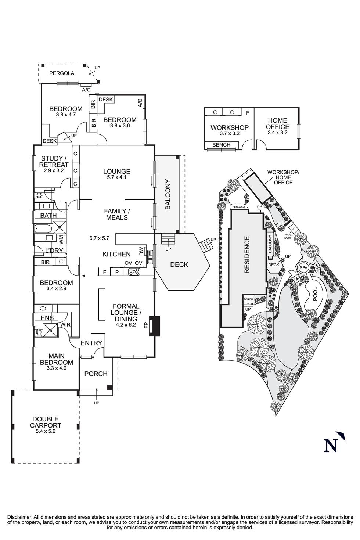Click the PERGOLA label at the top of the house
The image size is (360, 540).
(x=62, y=73)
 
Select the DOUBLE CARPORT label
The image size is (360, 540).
(x=46, y=422)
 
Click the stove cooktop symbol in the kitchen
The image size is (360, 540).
(x=134, y=272)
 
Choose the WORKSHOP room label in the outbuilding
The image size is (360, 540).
(x=229, y=127)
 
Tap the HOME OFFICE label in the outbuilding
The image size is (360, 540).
(x=277, y=123)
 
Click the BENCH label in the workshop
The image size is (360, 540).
(x=221, y=145)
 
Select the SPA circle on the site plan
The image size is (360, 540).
(x=303, y=268)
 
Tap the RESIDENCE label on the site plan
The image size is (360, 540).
(x=246, y=255)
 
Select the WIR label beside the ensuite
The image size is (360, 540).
(x=65, y=325)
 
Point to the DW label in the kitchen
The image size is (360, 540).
(x=142, y=251)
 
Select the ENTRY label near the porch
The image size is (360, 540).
(x=91, y=343)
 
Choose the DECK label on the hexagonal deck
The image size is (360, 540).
(x=179, y=264)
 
